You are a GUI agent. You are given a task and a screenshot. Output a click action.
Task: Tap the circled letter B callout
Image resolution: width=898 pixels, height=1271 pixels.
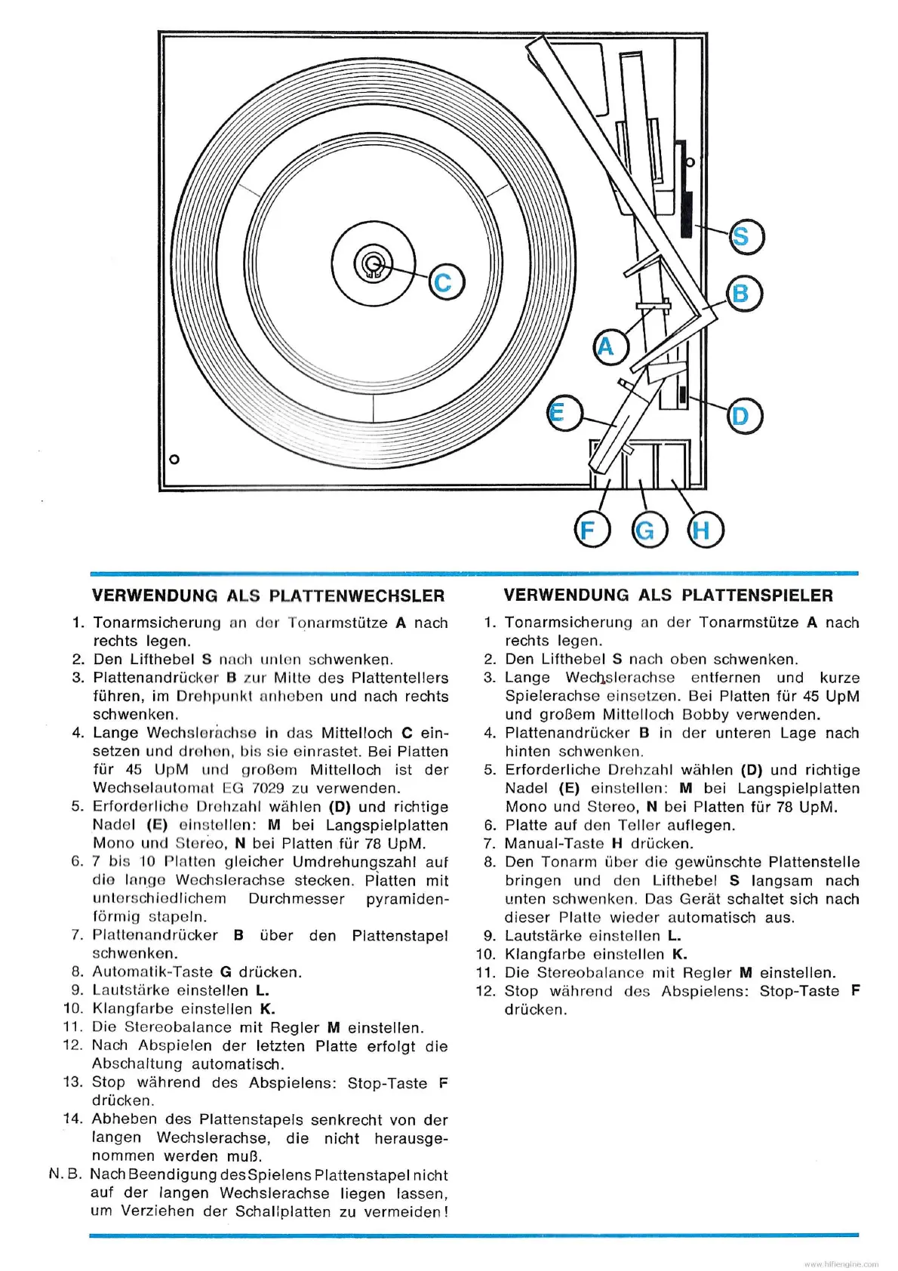click(x=743, y=294)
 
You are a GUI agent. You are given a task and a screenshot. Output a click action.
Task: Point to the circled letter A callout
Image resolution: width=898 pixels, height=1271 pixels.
click(x=606, y=346)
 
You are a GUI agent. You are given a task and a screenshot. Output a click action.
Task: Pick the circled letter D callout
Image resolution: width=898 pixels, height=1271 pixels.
click(x=743, y=416)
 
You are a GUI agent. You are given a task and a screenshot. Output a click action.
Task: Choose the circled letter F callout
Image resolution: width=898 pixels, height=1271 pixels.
click(x=588, y=530)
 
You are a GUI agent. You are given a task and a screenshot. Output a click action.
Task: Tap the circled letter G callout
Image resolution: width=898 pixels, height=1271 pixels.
click(x=645, y=530)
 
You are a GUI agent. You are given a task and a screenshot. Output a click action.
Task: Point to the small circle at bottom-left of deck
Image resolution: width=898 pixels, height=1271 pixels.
click(x=174, y=459)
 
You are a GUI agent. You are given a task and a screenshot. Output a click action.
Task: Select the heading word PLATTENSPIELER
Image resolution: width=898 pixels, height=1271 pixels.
click(x=758, y=595)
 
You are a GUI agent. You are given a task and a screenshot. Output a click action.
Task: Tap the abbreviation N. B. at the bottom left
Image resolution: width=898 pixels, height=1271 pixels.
click(x=63, y=1174)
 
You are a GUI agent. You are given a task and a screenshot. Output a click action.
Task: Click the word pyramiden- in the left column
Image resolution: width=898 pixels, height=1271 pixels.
click(x=407, y=899)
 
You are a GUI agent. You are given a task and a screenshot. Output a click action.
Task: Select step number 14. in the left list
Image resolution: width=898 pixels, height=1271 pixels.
click(x=72, y=1119)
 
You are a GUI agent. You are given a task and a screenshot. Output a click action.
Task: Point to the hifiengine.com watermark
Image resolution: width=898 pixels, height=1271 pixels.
click(x=841, y=1263)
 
